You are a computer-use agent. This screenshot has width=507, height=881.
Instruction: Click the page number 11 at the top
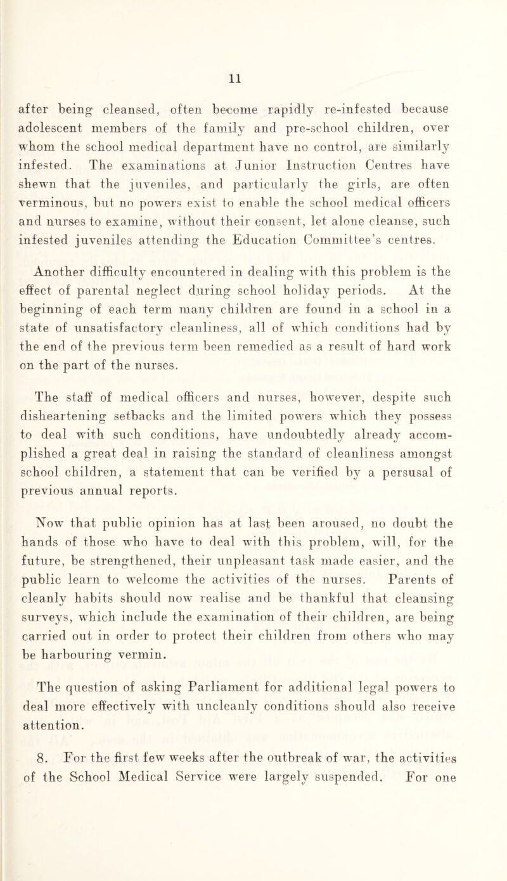(253, 63)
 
